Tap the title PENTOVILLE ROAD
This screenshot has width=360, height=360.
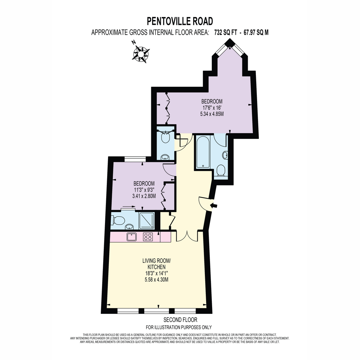point(180,21)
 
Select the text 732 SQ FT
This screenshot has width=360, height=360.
point(226,32)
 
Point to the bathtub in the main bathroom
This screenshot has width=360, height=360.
point(203,152)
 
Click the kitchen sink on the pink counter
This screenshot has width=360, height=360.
point(132,237)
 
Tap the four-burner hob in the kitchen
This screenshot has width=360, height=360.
point(148,237)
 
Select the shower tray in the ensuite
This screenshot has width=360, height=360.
point(147,221)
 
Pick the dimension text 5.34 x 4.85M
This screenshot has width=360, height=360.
point(212,114)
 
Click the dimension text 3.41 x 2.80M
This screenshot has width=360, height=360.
point(144,196)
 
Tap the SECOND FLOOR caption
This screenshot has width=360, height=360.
point(180,320)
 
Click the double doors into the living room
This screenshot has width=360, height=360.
point(187,236)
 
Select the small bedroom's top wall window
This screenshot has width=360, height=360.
point(135,159)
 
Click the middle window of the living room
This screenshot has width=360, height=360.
point(157,311)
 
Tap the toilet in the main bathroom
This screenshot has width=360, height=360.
point(221,170)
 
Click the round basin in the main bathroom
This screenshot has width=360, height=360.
point(225,155)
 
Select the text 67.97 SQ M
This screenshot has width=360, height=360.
point(256,32)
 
